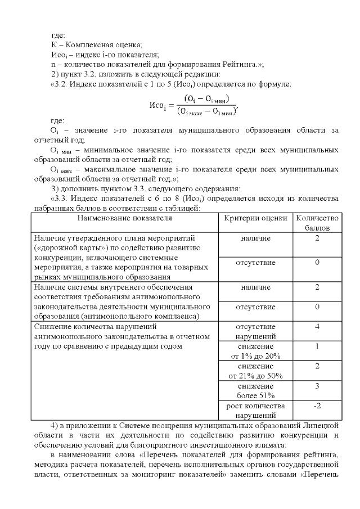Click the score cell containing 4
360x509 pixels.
[317, 326]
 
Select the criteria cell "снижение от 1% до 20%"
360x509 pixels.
[255, 351]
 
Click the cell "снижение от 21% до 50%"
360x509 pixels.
[255, 371]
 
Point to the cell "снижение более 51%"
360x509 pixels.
[255, 391]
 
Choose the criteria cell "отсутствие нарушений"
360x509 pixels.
[255, 331]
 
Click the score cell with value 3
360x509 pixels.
[317, 386]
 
